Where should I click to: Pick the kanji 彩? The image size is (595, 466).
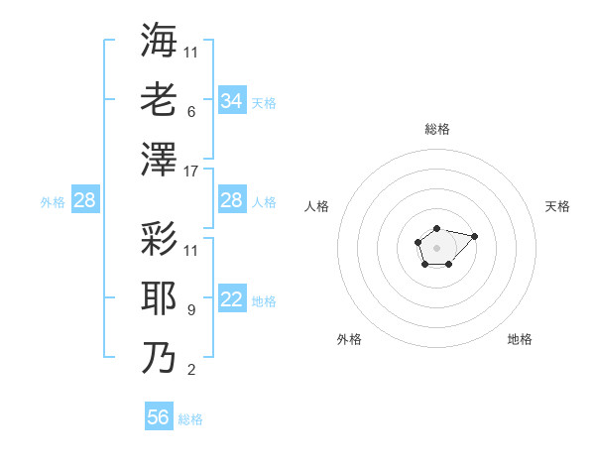click(x=160, y=239)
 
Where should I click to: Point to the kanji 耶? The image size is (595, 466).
click(x=160, y=298)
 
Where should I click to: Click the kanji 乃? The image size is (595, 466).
click(x=160, y=358)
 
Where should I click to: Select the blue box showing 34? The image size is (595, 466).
click(x=231, y=100)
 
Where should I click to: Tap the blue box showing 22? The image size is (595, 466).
click(x=231, y=300)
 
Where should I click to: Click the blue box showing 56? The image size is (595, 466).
click(x=159, y=417)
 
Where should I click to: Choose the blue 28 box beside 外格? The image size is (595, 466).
click(x=84, y=201)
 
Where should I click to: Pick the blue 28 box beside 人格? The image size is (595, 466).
click(x=231, y=200)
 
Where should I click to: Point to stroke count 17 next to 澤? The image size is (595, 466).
click(x=191, y=172)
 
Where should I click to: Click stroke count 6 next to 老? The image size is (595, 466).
click(x=190, y=112)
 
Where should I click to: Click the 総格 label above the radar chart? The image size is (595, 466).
click(x=436, y=129)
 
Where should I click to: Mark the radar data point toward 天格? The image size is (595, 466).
click(x=474, y=236)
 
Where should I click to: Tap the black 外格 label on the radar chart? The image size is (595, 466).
click(x=349, y=339)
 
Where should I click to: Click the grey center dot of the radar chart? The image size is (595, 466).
click(x=436, y=247)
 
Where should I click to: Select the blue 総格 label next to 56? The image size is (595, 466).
click(x=190, y=419)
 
